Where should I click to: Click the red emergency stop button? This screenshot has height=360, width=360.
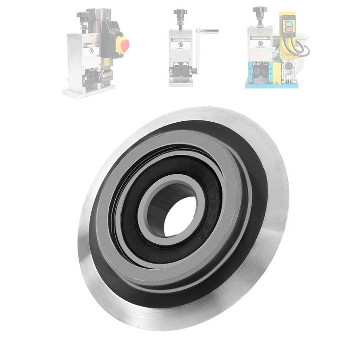click(126, 45)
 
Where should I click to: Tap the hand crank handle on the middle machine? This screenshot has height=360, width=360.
click(208, 31)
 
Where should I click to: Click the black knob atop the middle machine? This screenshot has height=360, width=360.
click(180, 13)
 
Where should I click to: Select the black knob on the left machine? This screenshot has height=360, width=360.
click(83, 15)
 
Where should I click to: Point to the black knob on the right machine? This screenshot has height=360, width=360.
click(260, 10)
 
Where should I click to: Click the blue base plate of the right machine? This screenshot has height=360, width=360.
click(271, 85)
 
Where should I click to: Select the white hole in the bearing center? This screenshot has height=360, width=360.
click(180, 216)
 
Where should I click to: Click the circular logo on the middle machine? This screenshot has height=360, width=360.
click(180, 44)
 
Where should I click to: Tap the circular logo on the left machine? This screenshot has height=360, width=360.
click(91, 50)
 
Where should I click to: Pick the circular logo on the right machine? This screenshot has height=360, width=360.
click(260, 43)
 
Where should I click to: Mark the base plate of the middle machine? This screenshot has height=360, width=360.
click(180, 84)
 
